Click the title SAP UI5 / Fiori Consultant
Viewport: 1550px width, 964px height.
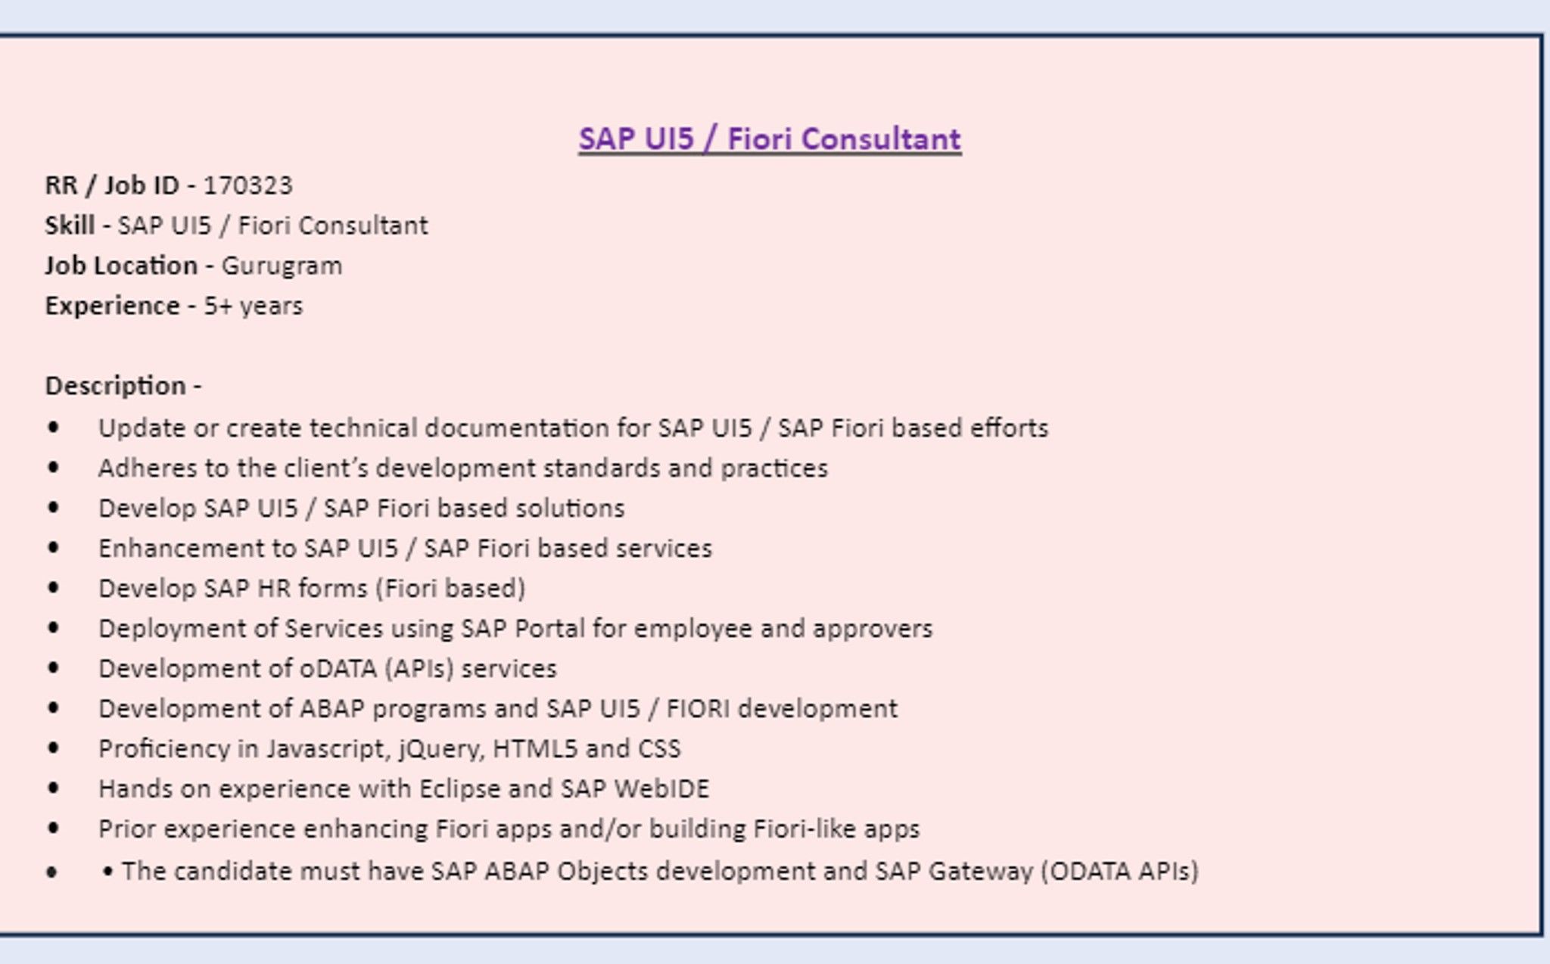pyautogui.click(x=770, y=139)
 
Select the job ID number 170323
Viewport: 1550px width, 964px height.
pyautogui.click(x=247, y=185)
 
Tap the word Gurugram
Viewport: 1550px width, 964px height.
pyautogui.click(x=282, y=266)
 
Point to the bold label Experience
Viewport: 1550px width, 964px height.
pyautogui.click(x=113, y=306)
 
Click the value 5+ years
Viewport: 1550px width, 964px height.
pyautogui.click(x=254, y=306)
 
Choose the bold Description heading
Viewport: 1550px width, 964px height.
pyautogui.click(x=115, y=387)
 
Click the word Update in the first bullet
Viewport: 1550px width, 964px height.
pyautogui.click(x=142, y=428)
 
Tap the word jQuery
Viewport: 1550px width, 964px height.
pyautogui.click(x=440, y=750)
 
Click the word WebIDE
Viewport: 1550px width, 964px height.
pyautogui.click(x=661, y=789)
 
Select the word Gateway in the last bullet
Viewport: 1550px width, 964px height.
pyautogui.click(x=981, y=872)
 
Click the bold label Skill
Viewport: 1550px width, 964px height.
pyautogui.click(x=70, y=225)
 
